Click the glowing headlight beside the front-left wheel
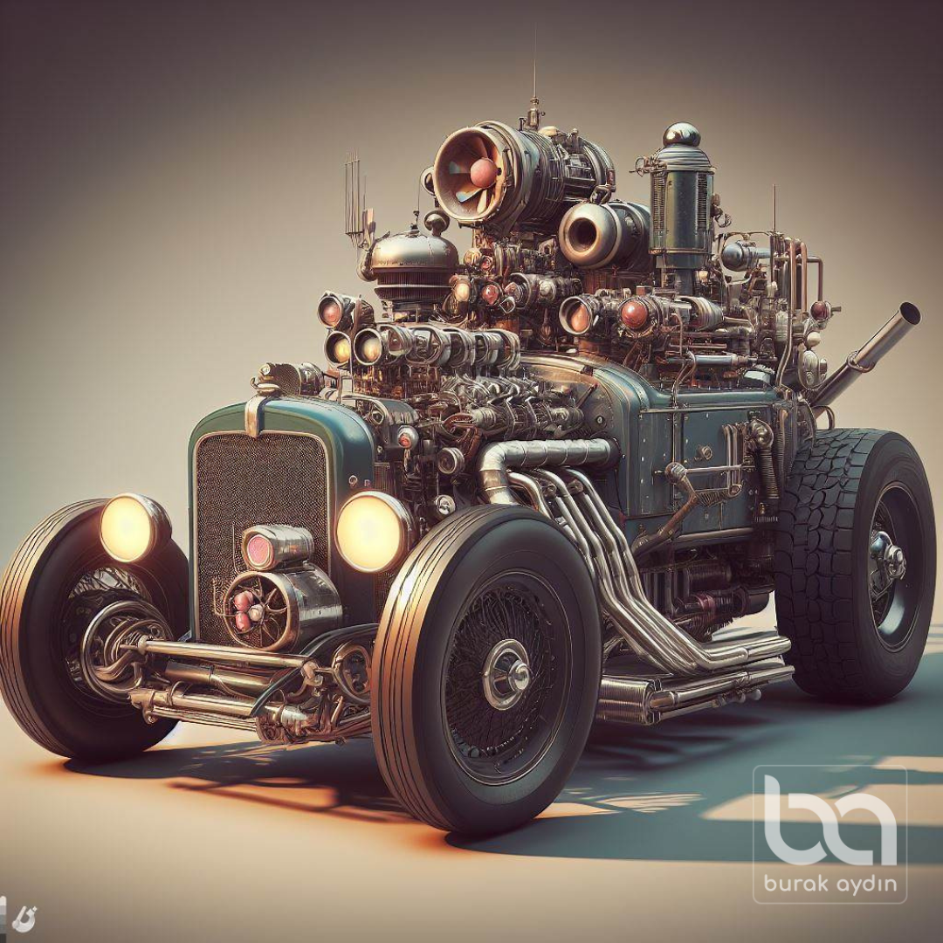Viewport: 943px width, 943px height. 128,528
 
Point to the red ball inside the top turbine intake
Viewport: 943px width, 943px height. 484,173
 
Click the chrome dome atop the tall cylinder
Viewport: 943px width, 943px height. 681,134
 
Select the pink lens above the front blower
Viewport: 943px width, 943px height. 259,549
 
